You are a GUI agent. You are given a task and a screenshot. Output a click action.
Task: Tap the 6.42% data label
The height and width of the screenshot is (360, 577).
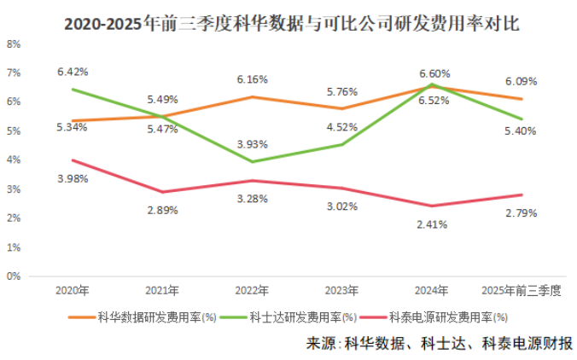[x=73, y=72]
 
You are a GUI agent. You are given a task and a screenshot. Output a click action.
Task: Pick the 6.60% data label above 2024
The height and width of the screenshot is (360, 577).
[x=434, y=73]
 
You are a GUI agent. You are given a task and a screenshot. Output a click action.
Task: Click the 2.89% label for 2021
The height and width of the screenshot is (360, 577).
[x=162, y=210]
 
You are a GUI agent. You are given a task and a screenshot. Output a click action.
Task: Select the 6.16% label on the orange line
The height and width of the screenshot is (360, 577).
[x=252, y=78]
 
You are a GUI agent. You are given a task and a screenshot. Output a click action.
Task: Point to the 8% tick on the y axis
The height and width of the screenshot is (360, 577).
[x=15, y=44]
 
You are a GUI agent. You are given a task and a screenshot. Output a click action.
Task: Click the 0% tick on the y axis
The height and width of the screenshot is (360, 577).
[x=15, y=276]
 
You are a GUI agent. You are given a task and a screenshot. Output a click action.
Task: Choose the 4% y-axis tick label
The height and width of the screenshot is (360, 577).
[x=15, y=160]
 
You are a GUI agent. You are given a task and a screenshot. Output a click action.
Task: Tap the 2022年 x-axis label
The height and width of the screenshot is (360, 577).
[x=252, y=291]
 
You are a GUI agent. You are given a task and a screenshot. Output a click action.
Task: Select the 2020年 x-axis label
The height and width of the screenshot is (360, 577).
[x=72, y=291]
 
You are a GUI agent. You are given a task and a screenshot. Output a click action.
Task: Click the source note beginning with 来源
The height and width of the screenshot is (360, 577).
[x=439, y=343]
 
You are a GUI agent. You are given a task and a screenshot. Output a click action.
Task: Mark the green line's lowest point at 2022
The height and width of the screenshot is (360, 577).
[x=252, y=162]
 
